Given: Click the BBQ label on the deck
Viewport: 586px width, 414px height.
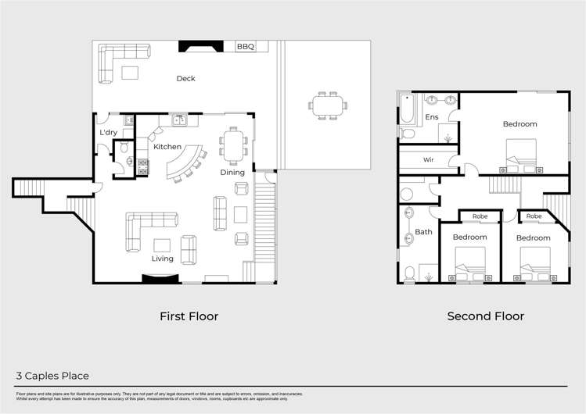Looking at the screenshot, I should pos(246,47).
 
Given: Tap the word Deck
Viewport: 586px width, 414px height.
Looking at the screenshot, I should pos(185,78).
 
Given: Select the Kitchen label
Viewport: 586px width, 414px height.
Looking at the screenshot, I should pos(167,147).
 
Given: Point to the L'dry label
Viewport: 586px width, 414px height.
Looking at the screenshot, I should pos(108,133).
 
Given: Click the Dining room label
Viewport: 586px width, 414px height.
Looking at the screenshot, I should pos(232,173).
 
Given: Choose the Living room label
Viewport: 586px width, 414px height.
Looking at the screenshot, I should pos(163,259).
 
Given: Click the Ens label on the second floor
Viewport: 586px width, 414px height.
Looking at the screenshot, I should pos(431,117).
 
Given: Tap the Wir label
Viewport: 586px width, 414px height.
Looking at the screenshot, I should pos(428,159).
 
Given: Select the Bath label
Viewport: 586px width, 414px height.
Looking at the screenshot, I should pos(423,232).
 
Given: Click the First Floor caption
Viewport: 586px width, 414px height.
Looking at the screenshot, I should pos(189,316).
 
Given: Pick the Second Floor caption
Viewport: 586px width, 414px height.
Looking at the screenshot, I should pos(485,316).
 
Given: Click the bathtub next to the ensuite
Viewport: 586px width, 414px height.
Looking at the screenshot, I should pos(406,110).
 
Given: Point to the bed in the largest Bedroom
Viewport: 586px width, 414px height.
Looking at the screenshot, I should pos(521,153).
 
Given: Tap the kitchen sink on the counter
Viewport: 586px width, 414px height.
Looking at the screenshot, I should pos(179,120).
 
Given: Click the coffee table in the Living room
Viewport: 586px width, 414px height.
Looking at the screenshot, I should pos(163,244).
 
